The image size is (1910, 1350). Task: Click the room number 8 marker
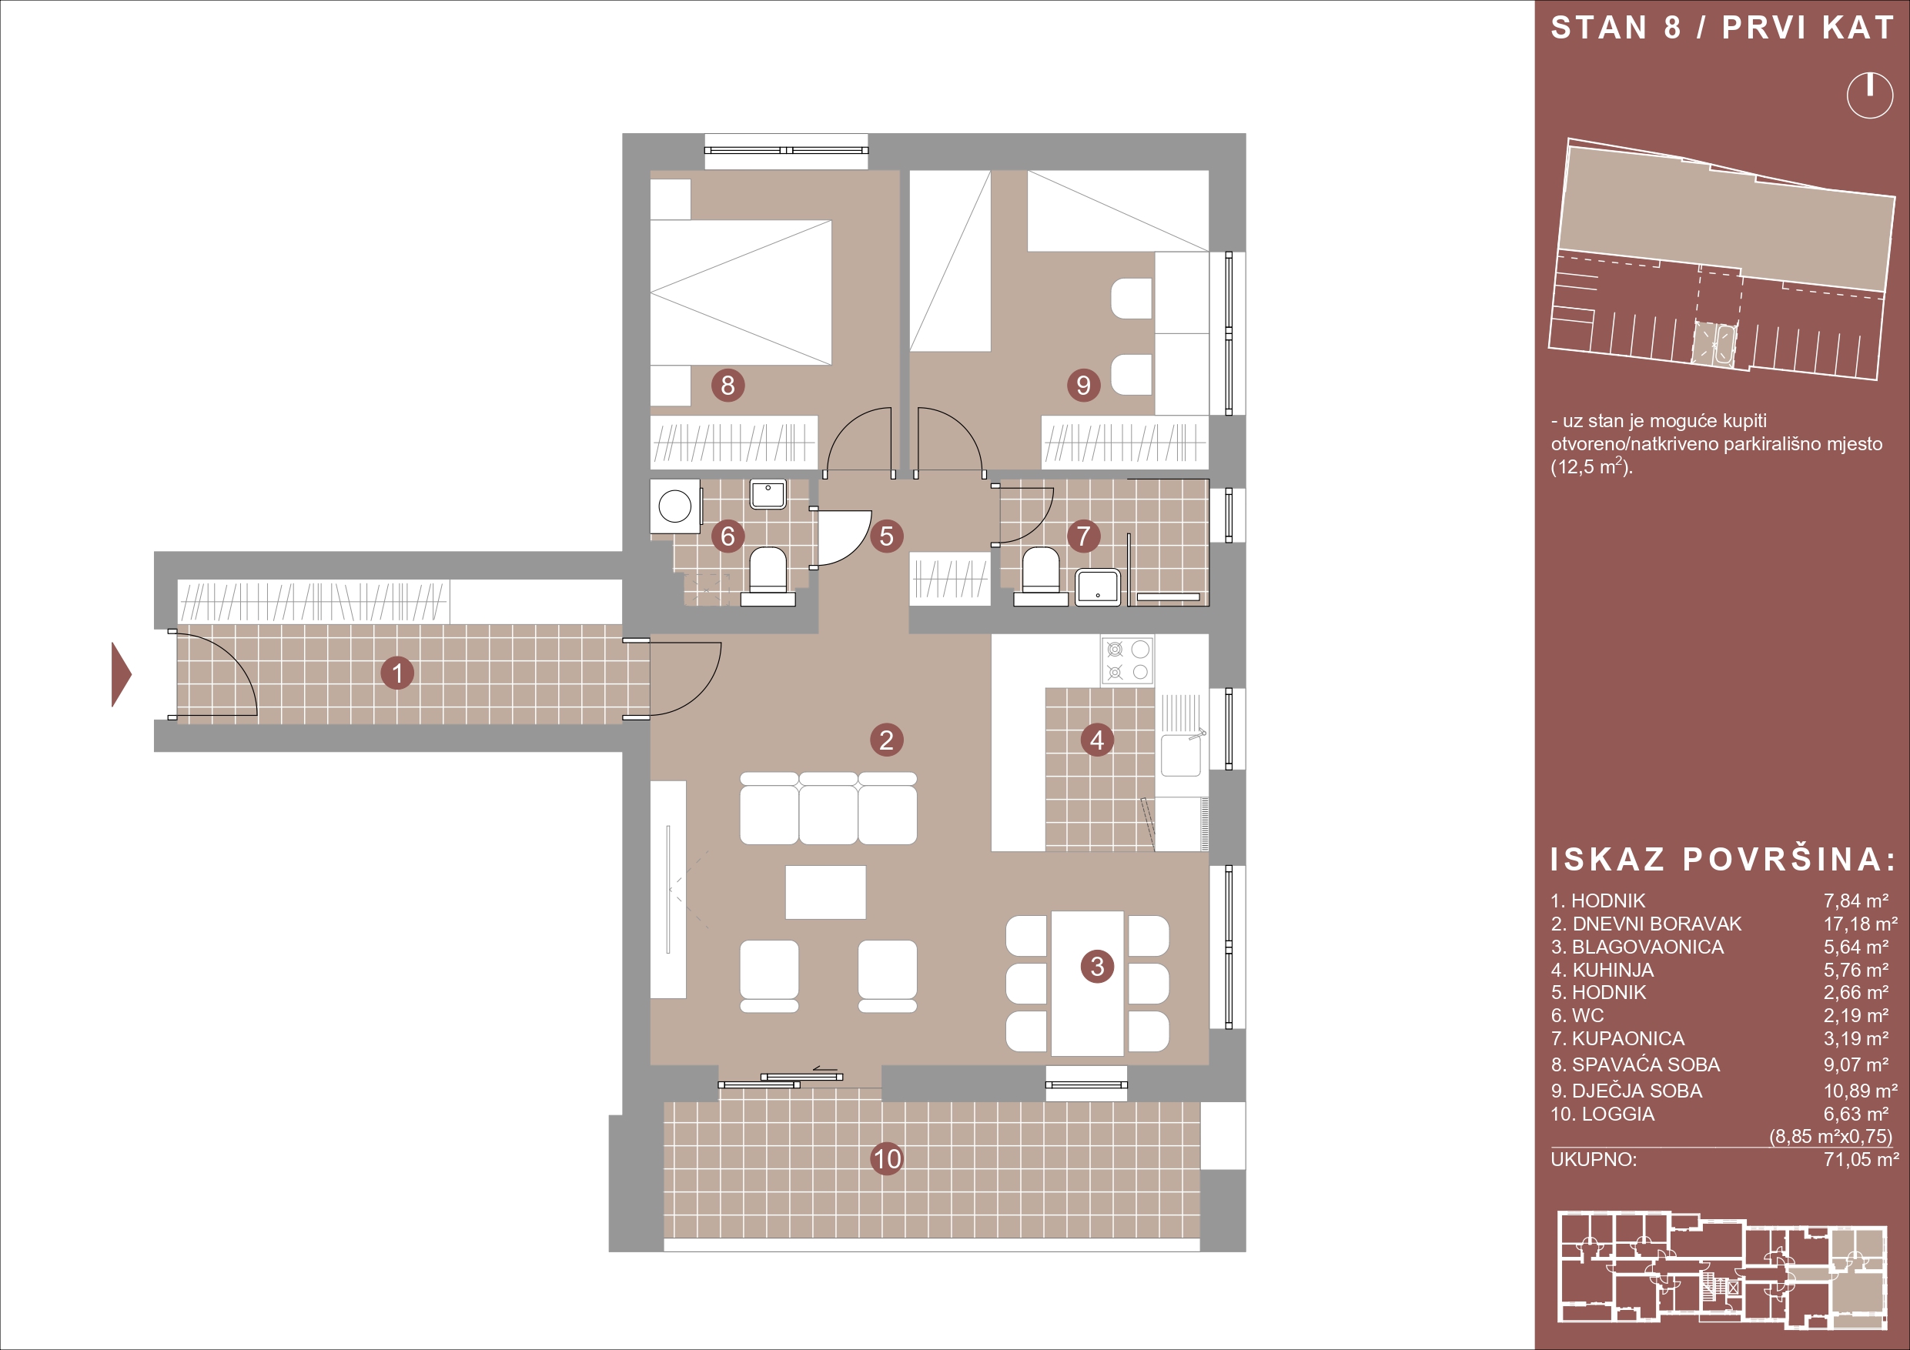pos(728,385)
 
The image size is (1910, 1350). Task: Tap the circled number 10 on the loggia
pos(887,1158)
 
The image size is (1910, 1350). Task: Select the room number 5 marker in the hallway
pos(887,536)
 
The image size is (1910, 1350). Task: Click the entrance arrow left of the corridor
pos(122,673)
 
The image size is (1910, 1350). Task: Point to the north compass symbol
pos(1869,95)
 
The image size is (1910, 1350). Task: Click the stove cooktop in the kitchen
pos(1127,660)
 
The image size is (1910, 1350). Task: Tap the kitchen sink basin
pos(1180,754)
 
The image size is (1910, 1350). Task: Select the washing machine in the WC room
pos(674,506)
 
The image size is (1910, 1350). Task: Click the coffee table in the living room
pos(825,893)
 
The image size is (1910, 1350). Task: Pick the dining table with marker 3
pos(1087,983)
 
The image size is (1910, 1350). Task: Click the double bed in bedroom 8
pos(741,292)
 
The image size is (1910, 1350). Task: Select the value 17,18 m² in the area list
pos(1861,924)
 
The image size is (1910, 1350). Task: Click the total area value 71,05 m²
pos(1861,1160)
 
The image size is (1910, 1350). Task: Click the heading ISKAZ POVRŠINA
pos(1723,859)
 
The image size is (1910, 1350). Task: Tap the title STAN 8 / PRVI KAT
pos(1722,28)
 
